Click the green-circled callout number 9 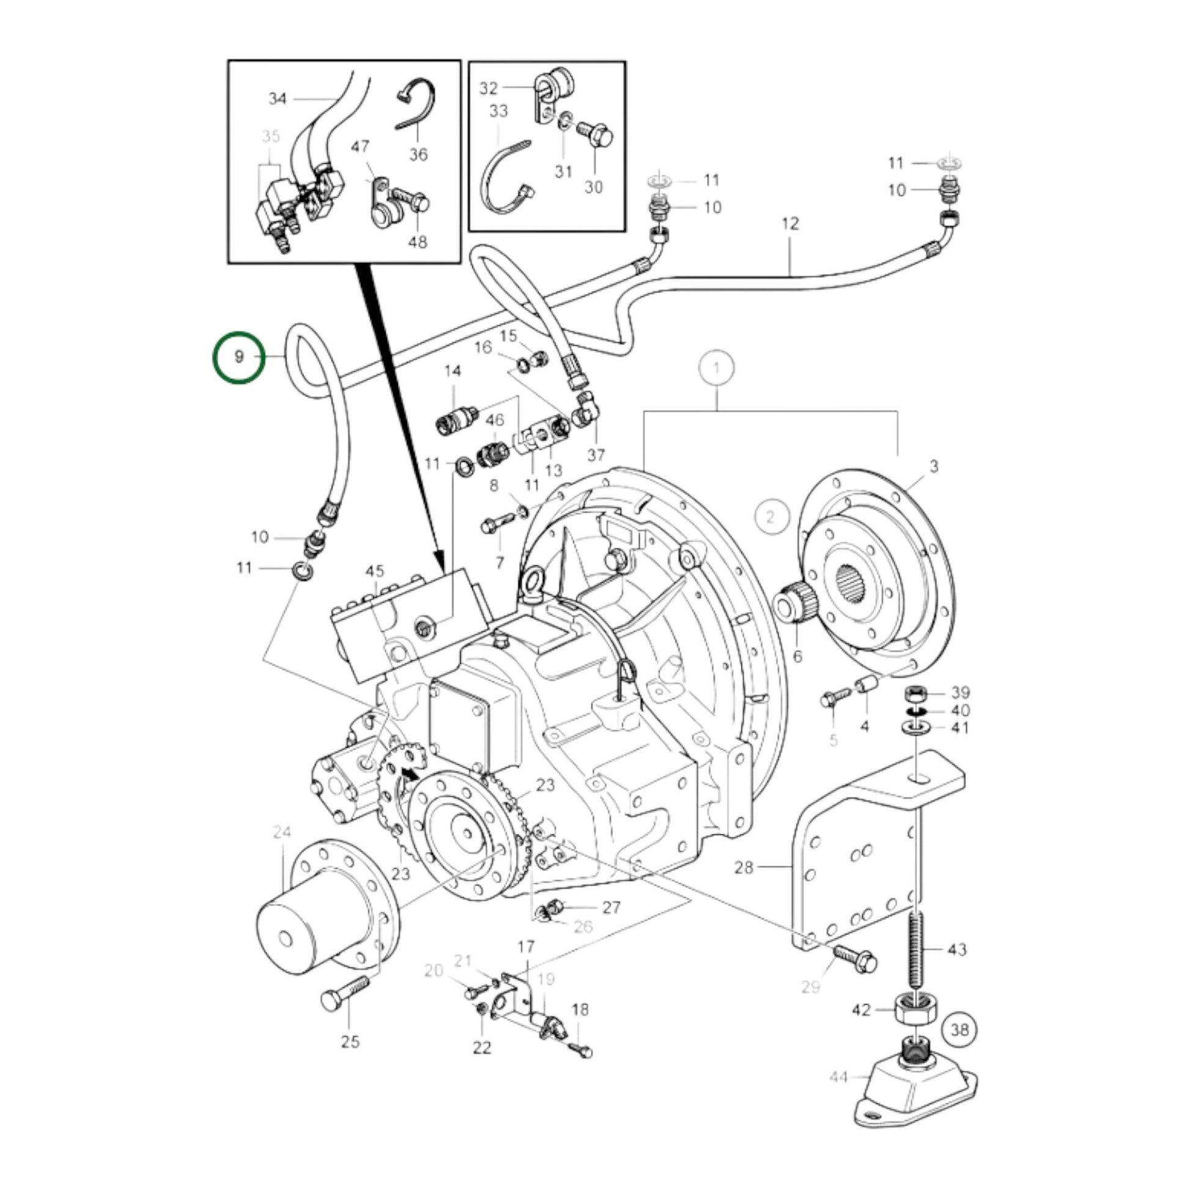tap(239, 357)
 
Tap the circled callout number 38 tap(959, 1029)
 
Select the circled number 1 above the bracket tap(715, 369)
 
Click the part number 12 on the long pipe tap(790, 224)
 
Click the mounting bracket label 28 tap(744, 867)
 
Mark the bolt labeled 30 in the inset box tap(595, 135)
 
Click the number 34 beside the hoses tap(278, 98)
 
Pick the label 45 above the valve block tap(374, 572)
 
